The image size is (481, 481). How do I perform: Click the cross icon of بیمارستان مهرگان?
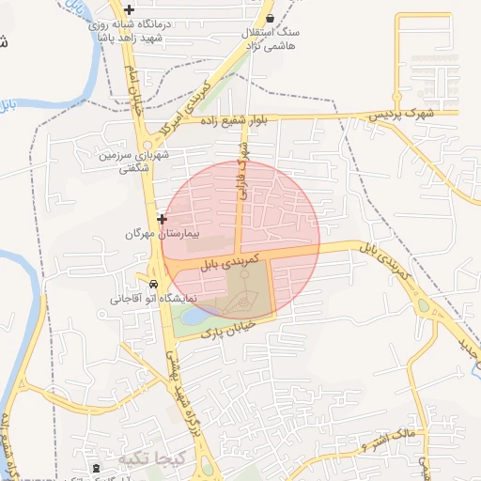tap(163, 218)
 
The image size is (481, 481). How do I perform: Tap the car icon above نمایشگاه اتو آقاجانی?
tap(151, 283)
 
